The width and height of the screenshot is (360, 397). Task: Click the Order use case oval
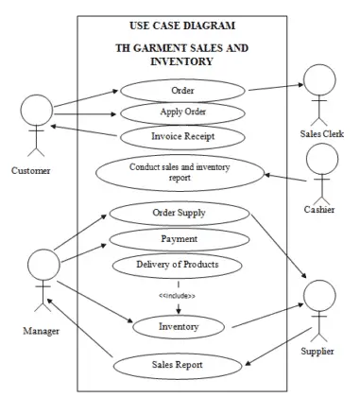coord(177,91)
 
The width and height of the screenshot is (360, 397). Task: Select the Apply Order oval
coord(177,113)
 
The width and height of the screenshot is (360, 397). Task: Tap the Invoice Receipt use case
coord(177,136)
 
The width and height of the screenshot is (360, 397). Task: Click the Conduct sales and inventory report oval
coord(180,171)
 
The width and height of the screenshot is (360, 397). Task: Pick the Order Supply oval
coord(179,212)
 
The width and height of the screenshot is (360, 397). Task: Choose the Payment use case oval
coord(179,238)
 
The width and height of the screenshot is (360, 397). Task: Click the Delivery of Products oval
coord(179,264)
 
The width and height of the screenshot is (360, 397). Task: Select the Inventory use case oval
coord(179,327)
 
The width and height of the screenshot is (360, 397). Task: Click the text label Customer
coord(32,170)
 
